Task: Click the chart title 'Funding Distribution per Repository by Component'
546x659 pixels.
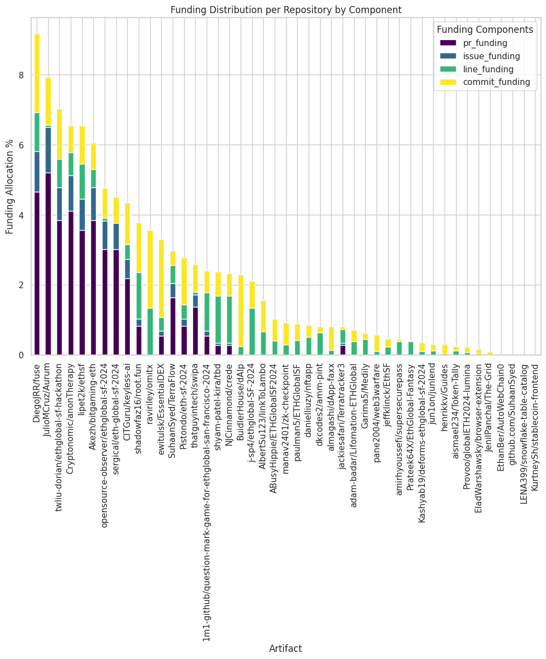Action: pyautogui.click(x=286, y=9)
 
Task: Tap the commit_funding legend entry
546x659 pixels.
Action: pyautogui.click(x=482, y=82)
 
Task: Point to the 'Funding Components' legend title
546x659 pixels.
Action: pyautogui.click(x=484, y=30)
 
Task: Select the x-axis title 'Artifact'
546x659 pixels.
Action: pyautogui.click(x=286, y=649)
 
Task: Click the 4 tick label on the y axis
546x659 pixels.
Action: pyautogui.click(x=21, y=215)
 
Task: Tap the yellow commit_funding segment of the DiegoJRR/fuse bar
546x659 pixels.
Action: pyautogui.click(x=37, y=73)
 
